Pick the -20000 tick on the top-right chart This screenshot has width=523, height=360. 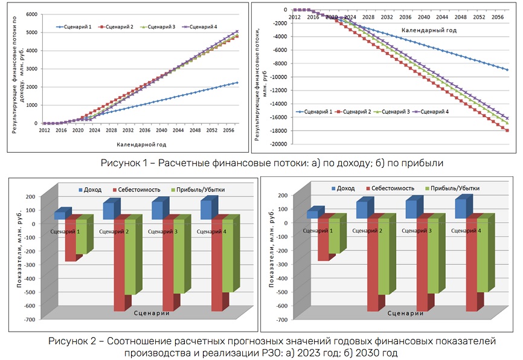tap(278, 144)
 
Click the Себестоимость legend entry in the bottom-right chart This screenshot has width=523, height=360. tap(387, 189)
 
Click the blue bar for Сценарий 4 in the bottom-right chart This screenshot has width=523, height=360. tap(461, 208)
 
